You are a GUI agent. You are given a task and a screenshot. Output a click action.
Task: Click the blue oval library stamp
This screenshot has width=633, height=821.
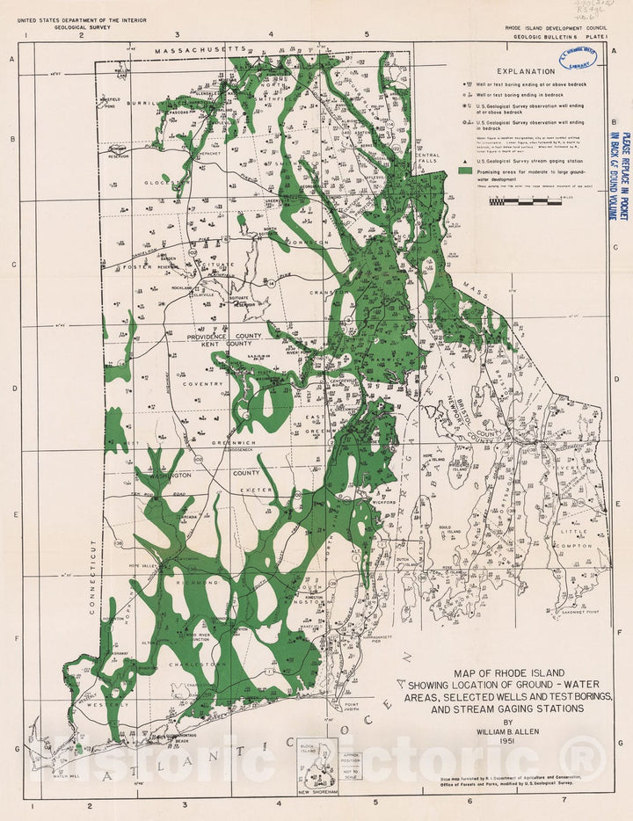click(x=578, y=59)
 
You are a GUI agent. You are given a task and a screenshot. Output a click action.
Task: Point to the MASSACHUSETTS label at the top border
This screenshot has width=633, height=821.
click(x=200, y=52)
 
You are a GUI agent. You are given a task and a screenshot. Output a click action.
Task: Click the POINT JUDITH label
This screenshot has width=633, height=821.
click(x=352, y=708)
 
